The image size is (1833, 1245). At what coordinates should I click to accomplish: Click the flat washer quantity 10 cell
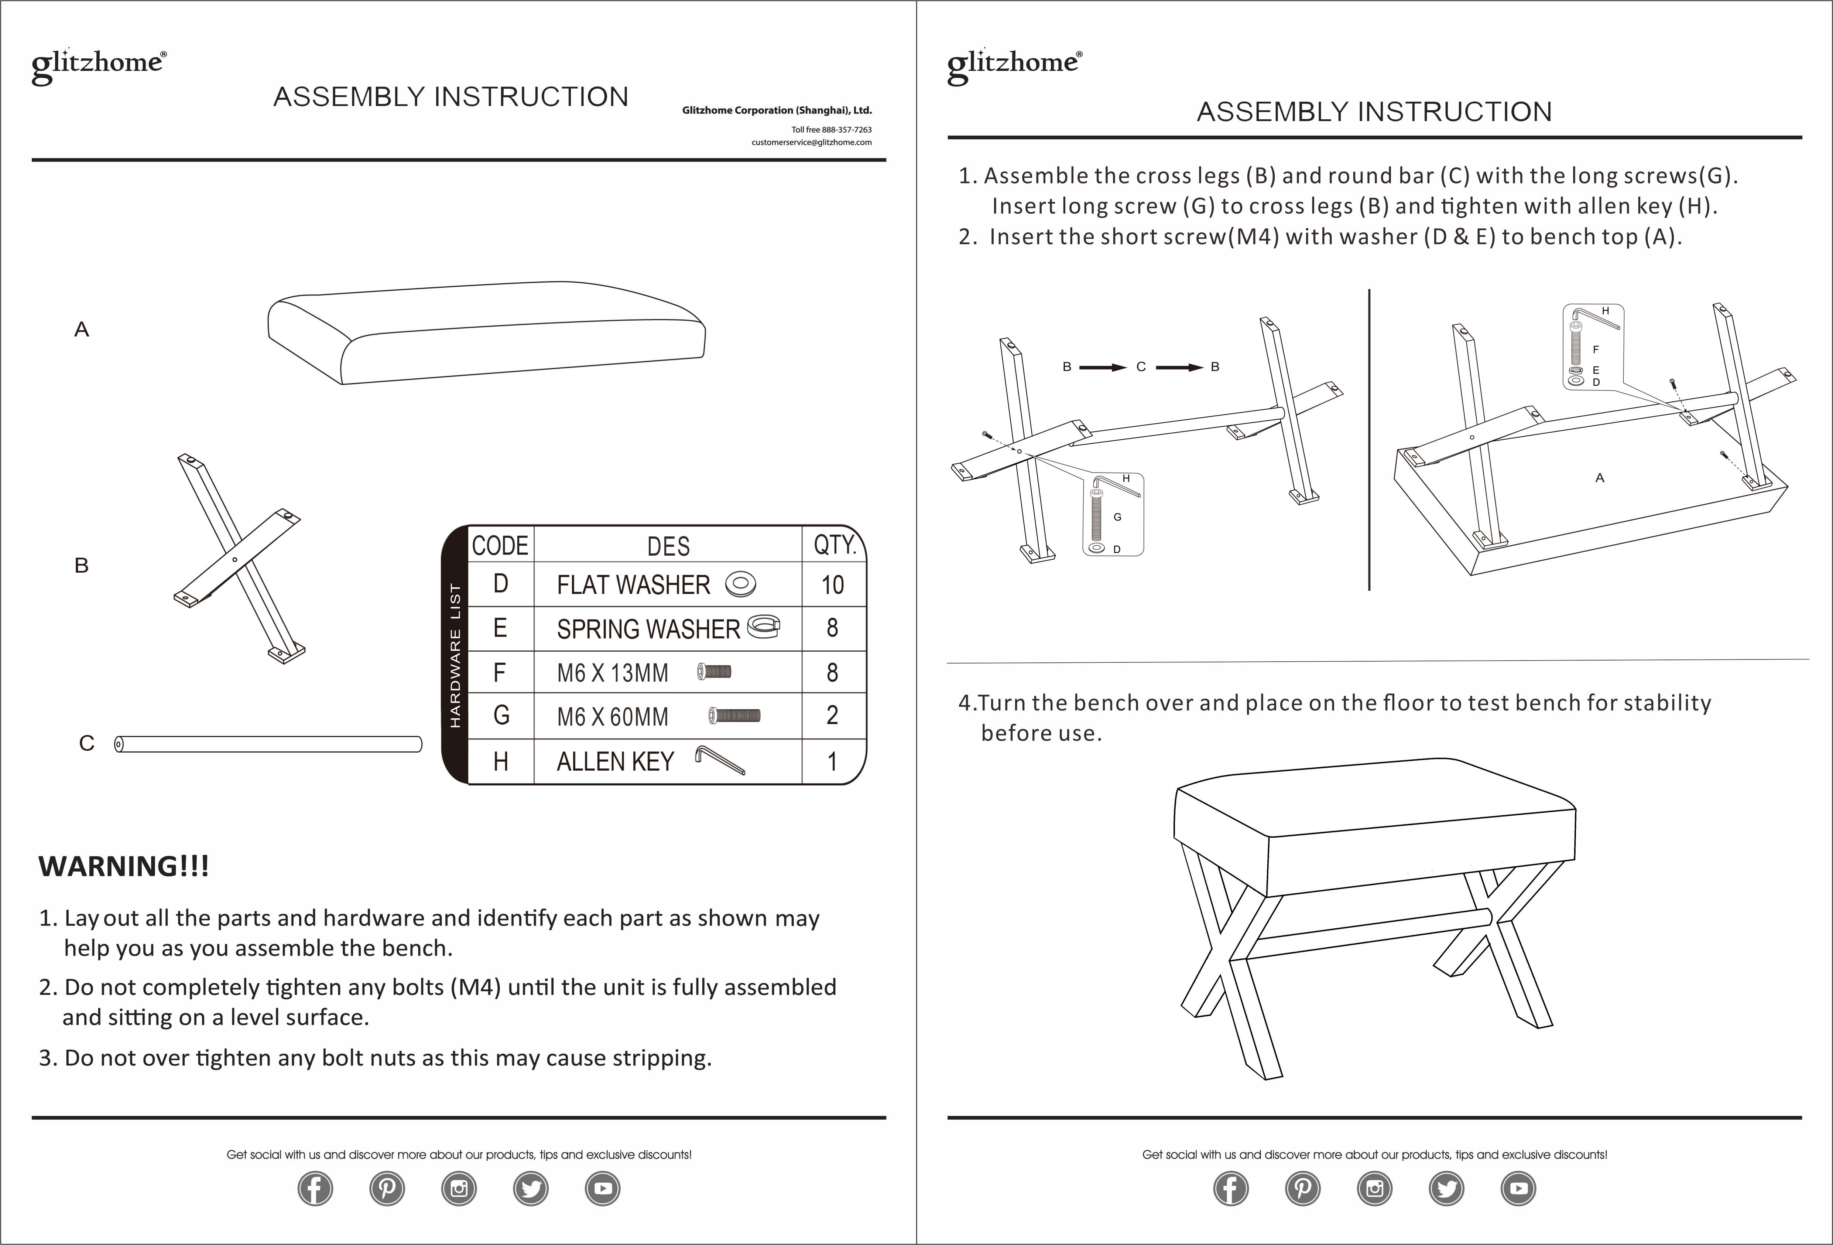tap(832, 584)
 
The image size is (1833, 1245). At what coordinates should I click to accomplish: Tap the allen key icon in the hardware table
tap(719, 760)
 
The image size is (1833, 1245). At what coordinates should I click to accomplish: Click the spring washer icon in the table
tap(763, 627)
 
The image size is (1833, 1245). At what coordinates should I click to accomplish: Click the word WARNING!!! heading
tap(124, 866)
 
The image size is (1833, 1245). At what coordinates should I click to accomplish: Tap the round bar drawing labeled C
tap(268, 744)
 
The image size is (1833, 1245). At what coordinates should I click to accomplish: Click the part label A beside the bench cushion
tap(81, 330)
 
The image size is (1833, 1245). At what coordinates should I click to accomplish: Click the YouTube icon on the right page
tap(1518, 1188)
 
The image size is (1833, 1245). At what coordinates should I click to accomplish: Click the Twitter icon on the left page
tap(531, 1188)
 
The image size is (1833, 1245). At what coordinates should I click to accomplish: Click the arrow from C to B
tap(1179, 367)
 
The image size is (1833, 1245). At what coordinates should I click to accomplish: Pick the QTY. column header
tap(834, 545)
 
